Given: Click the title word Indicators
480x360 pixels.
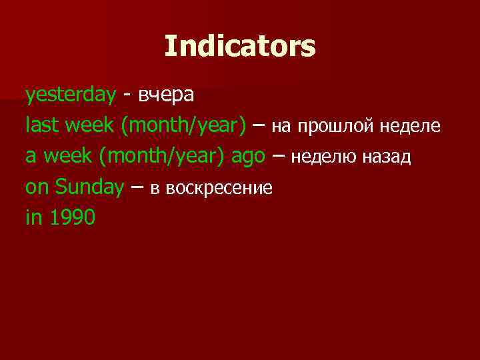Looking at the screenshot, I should [x=239, y=46].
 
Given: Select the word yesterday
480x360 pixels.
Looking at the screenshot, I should [x=71, y=95].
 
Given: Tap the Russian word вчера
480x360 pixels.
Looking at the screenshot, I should [x=167, y=95].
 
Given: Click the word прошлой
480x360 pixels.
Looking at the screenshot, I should [x=336, y=126].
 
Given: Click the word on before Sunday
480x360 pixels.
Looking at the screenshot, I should [x=37, y=187].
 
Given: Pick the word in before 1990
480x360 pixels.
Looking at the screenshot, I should [x=33, y=217].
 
